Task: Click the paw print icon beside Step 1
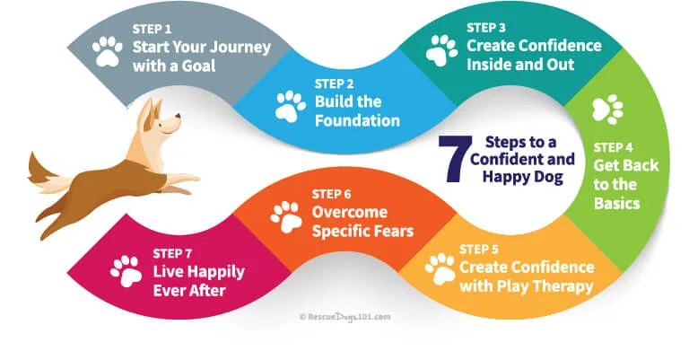108,51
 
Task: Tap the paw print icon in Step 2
289,105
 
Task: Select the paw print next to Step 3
440,50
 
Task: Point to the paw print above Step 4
607,110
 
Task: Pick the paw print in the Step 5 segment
440,268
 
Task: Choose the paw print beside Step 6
285,215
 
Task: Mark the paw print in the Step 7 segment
126,271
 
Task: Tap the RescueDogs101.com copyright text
344,317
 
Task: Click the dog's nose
178,116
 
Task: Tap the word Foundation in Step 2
357,121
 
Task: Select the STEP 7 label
173,253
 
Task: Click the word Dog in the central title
546,177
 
